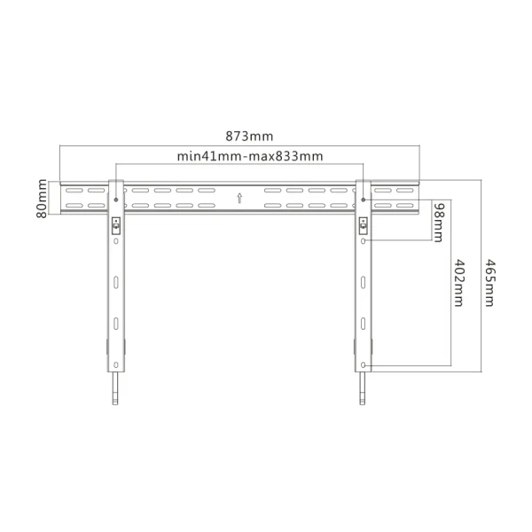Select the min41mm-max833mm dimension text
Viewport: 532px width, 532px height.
pyautogui.click(x=248, y=156)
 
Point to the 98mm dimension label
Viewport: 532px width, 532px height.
pyautogui.click(x=438, y=219)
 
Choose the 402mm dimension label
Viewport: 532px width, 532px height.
pyautogui.click(x=458, y=282)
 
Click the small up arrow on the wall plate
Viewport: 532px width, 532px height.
pyautogui.click(x=239, y=197)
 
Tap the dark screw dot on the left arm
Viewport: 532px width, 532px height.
pyautogui.click(x=116, y=199)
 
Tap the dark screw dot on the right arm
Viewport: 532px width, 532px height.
pyautogui.click(x=363, y=199)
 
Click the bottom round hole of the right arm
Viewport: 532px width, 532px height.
pyautogui.click(x=363, y=365)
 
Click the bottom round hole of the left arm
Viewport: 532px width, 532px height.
pyautogui.click(x=116, y=365)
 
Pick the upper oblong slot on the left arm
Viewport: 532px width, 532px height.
pyautogui.click(x=116, y=284)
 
